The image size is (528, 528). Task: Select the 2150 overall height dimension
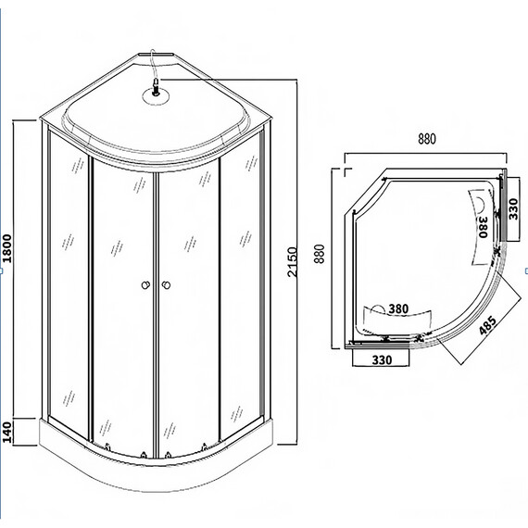click(x=294, y=264)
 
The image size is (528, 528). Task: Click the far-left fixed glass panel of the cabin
click(x=68, y=278)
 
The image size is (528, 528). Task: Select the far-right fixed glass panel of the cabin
click(x=243, y=278)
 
